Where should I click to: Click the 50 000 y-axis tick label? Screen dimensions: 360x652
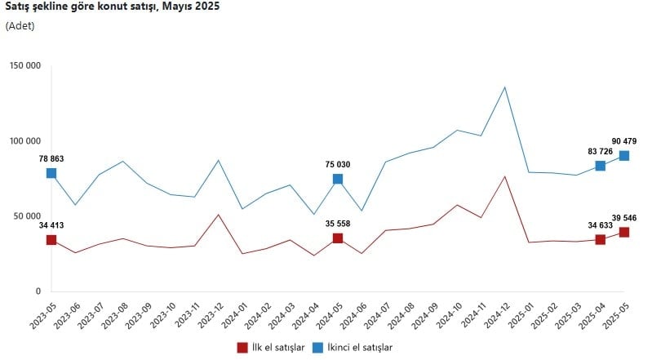(x=27, y=216)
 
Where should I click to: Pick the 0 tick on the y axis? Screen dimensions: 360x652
(x=38, y=291)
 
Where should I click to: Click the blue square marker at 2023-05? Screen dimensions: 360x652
(x=51, y=173)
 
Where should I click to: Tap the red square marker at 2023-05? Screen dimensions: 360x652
(x=51, y=240)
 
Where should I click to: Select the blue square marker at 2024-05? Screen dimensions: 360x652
(x=338, y=179)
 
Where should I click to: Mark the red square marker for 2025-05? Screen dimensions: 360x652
(x=624, y=233)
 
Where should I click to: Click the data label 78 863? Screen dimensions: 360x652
(x=51, y=158)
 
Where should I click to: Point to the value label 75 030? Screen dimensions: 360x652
(x=338, y=164)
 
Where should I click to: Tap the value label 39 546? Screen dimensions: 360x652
(x=624, y=218)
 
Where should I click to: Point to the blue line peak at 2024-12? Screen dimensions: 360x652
(x=505, y=87)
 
